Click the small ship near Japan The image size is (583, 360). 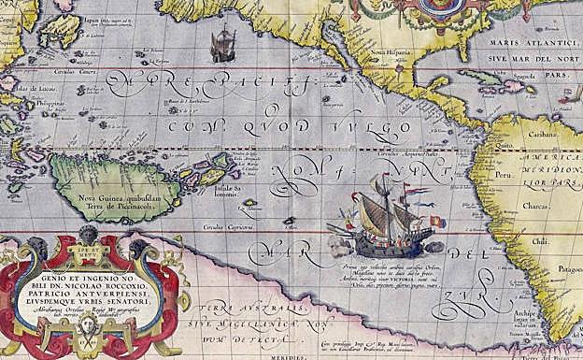(222, 44)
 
